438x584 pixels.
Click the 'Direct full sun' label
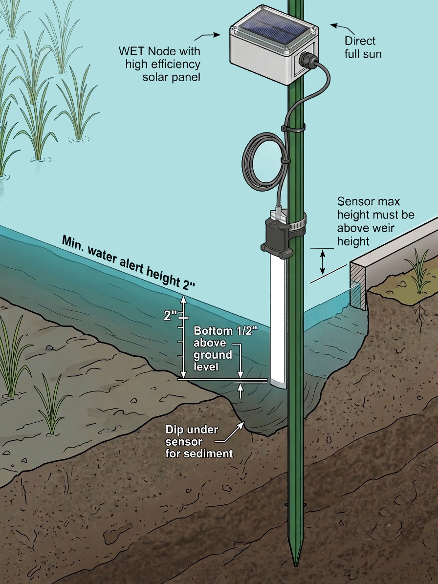[363, 47]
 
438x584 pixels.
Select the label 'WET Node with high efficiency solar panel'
[159, 64]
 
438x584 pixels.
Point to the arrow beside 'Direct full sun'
[343, 27]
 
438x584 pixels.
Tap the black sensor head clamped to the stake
[277, 238]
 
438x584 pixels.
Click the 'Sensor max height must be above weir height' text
[375, 221]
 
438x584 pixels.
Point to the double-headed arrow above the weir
[323, 262]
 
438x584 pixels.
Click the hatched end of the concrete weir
[357, 285]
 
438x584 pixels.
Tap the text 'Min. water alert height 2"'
[128, 262]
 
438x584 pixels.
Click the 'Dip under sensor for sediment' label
[199, 441]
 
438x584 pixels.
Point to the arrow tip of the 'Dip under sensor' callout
[244, 422]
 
